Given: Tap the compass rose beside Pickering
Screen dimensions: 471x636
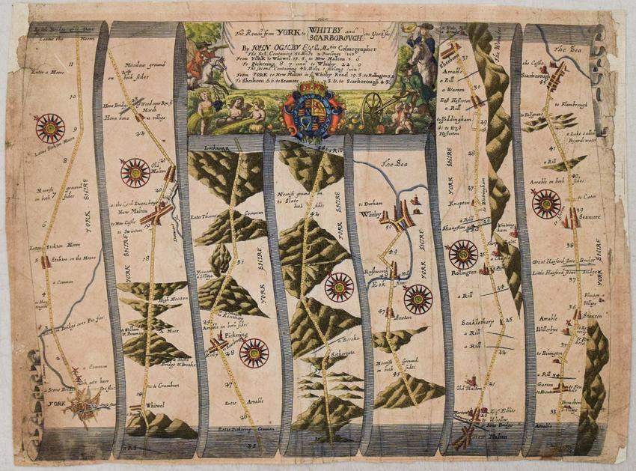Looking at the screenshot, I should pos(254,352).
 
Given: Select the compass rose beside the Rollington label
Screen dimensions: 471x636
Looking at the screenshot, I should pos(463,253).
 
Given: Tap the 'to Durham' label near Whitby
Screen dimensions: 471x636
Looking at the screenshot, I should pos(372,202).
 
